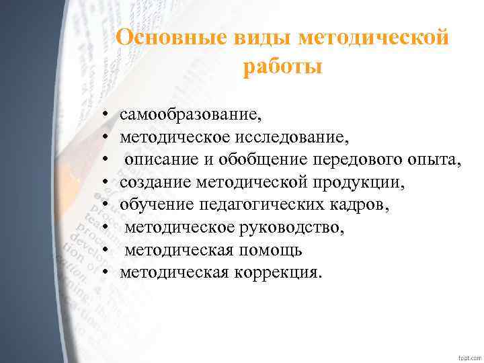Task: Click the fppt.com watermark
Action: (468, 355)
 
